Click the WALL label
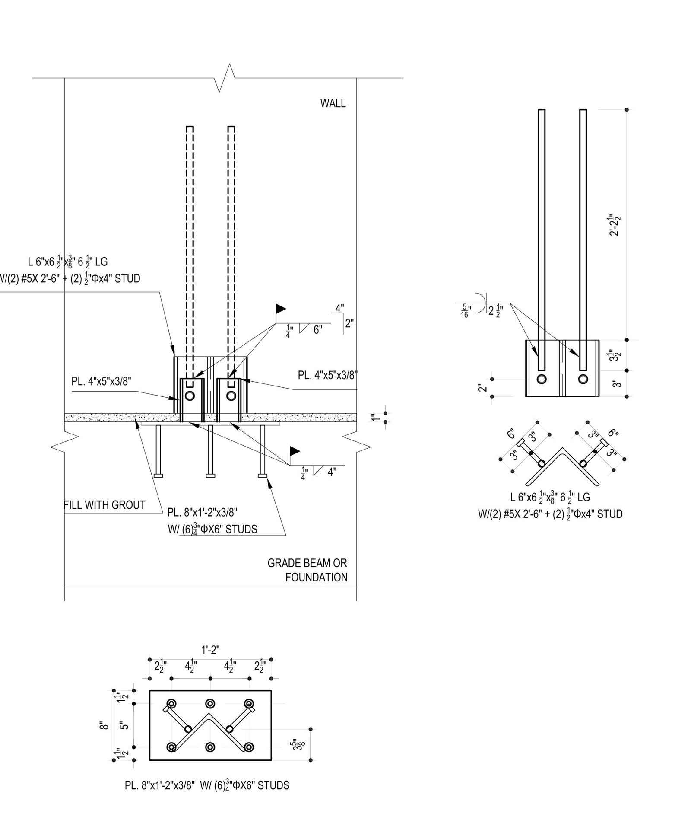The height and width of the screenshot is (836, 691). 333,103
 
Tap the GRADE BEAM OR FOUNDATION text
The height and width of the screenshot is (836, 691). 307,570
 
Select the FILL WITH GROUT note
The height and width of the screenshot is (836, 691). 105,505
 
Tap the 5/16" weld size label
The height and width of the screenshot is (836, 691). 465,311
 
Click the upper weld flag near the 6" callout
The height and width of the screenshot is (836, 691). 281,309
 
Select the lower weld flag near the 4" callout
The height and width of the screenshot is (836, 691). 295,451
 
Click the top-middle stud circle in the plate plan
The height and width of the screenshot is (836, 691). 210,703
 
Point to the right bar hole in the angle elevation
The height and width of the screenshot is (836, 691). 583,379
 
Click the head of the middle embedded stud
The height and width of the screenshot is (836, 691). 210,476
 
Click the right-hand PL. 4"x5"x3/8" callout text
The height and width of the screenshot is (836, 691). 328,375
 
